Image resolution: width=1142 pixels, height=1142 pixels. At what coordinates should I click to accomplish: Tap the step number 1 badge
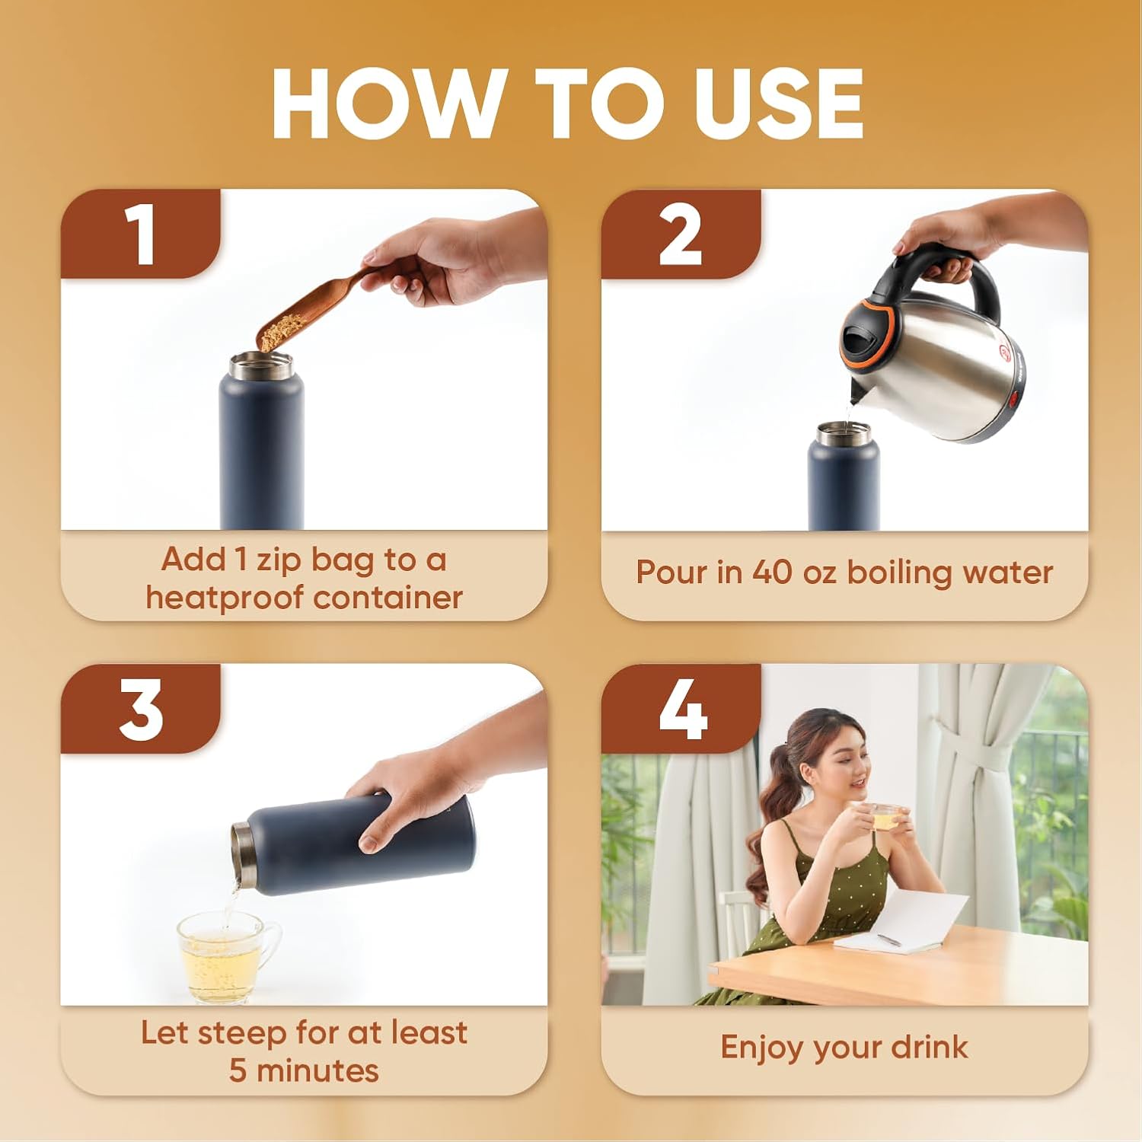click(x=141, y=234)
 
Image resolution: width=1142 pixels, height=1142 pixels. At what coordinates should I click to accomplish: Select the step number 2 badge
click(x=681, y=234)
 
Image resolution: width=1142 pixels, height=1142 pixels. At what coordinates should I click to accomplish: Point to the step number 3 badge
click(x=141, y=709)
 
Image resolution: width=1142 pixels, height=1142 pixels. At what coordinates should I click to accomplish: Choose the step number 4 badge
click(x=681, y=709)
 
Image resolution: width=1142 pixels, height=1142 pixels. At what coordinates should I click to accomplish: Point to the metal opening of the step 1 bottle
click(x=261, y=366)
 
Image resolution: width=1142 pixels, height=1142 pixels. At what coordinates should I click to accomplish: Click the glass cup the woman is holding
click(x=885, y=817)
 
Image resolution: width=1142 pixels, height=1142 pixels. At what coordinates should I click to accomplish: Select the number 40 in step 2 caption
click(x=773, y=572)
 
